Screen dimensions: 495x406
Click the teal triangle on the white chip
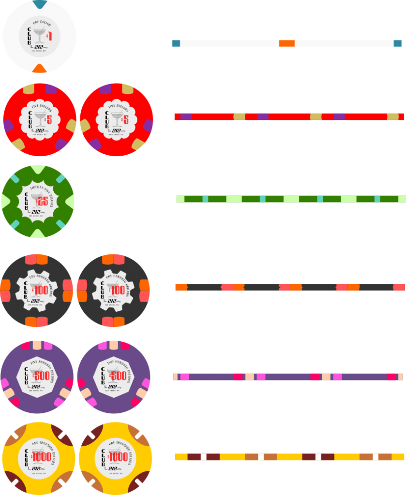click(x=40, y=4)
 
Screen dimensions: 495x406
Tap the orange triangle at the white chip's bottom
click(x=40, y=69)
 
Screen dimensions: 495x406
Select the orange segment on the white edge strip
click(x=287, y=44)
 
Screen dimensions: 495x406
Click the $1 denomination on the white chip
click(x=49, y=36)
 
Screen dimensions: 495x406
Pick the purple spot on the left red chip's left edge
click(x=8, y=125)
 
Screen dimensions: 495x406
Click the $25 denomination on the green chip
click(x=43, y=200)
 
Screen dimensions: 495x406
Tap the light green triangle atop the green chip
click(x=38, y=169)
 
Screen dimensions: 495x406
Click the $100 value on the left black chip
click(x=41, y=291)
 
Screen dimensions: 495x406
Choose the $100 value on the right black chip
click(x=118, y=291)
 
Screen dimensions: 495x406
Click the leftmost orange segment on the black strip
click(x=181, y=287)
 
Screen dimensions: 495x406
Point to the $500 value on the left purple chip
click(x=41, y=376)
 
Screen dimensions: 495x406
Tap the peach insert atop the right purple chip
click(x=114, y=345)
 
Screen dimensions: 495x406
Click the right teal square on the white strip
click(x=398, y=44)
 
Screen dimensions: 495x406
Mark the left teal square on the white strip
click(x=176, y=44)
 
